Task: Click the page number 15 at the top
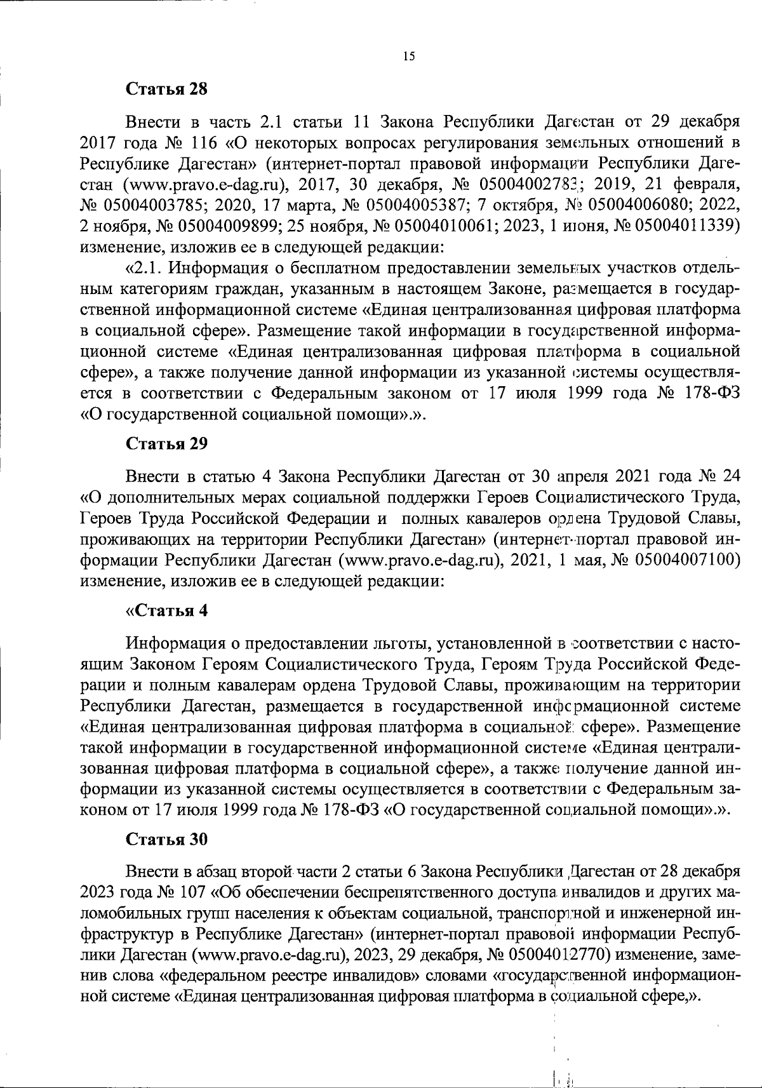click(408, 57)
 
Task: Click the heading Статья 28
click(166, 88)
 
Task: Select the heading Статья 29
click(166, 443)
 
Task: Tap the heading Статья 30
click(166, 839)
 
